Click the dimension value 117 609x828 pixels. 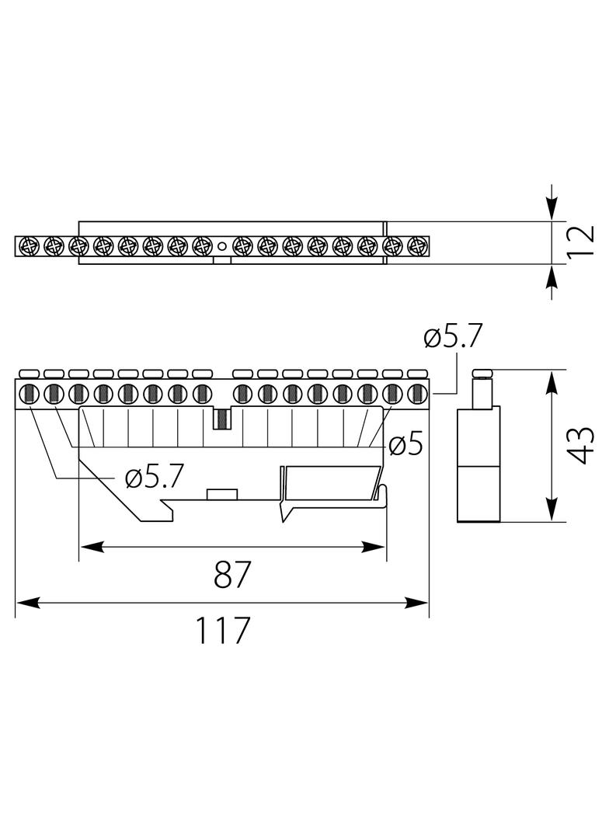222,629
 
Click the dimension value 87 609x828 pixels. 231,575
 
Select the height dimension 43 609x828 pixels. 582,445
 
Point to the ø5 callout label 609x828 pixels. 406,445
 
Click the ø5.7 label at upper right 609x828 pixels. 453,336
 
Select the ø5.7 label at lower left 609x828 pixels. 155,478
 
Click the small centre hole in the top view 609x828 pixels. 222,245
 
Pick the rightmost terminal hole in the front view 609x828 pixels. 417,393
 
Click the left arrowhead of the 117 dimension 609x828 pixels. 27,603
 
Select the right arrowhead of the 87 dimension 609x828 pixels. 374,547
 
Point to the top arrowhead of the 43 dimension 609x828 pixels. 552,382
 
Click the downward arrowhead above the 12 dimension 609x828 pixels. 552,208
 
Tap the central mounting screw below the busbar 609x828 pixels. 222,419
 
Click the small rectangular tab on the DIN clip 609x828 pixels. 222,494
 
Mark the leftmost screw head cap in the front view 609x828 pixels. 28,374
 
